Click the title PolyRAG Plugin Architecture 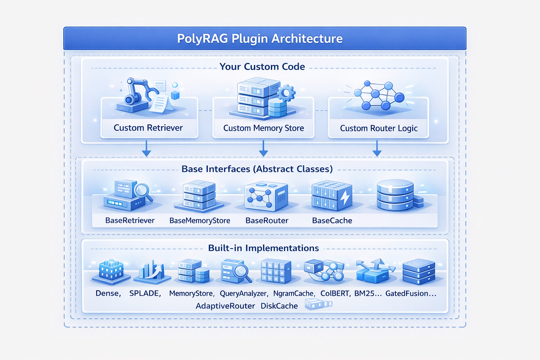pyautogui.click(x=260, y=39)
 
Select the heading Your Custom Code pyautogui.click(x=262, y=67)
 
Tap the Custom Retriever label pyautogui.click(x=148, y=128)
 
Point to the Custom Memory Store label pyautogui.click(x=263, y=128)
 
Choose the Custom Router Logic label pyautogui.click(x=379, y=128)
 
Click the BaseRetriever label pyautogui.click(x=130, y=221)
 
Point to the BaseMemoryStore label pyautogui.click(x=200, y=221)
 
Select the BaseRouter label pyautogui.click(x=267, y=221)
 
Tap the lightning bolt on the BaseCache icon pyautogui.click(x=345, y=197)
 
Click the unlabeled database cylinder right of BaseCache pyautogui.click(x=395, y=195)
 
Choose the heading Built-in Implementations pyautogui.click(x=263, y=248)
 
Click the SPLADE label pyautogui.click(x=145, y=293)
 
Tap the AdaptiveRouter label pyautogui.click(x=225, y=306)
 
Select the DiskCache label pyautogui.click(x=279, y=306)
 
